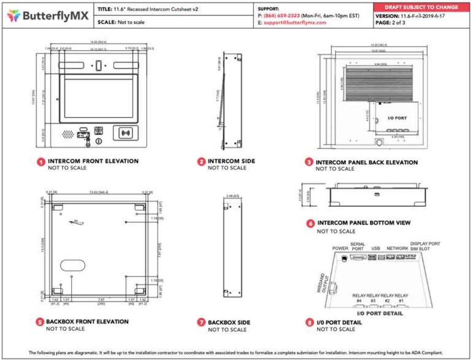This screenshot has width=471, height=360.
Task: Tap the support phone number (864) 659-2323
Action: point(281,15)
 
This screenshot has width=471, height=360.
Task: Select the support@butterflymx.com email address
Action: point(295,22)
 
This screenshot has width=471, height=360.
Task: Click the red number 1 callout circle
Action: point(40,163)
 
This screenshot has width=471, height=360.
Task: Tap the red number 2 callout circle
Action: point(201,162)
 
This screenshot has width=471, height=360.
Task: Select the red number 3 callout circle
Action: point(309,163)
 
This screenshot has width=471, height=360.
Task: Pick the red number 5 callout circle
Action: point(40,322)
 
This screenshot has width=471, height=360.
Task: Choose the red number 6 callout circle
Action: point(310,223)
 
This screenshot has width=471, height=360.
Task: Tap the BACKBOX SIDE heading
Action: point(229,322)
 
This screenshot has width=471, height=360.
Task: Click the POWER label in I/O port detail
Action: point(340,248)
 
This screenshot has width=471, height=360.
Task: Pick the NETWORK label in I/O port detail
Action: point(397,248)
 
